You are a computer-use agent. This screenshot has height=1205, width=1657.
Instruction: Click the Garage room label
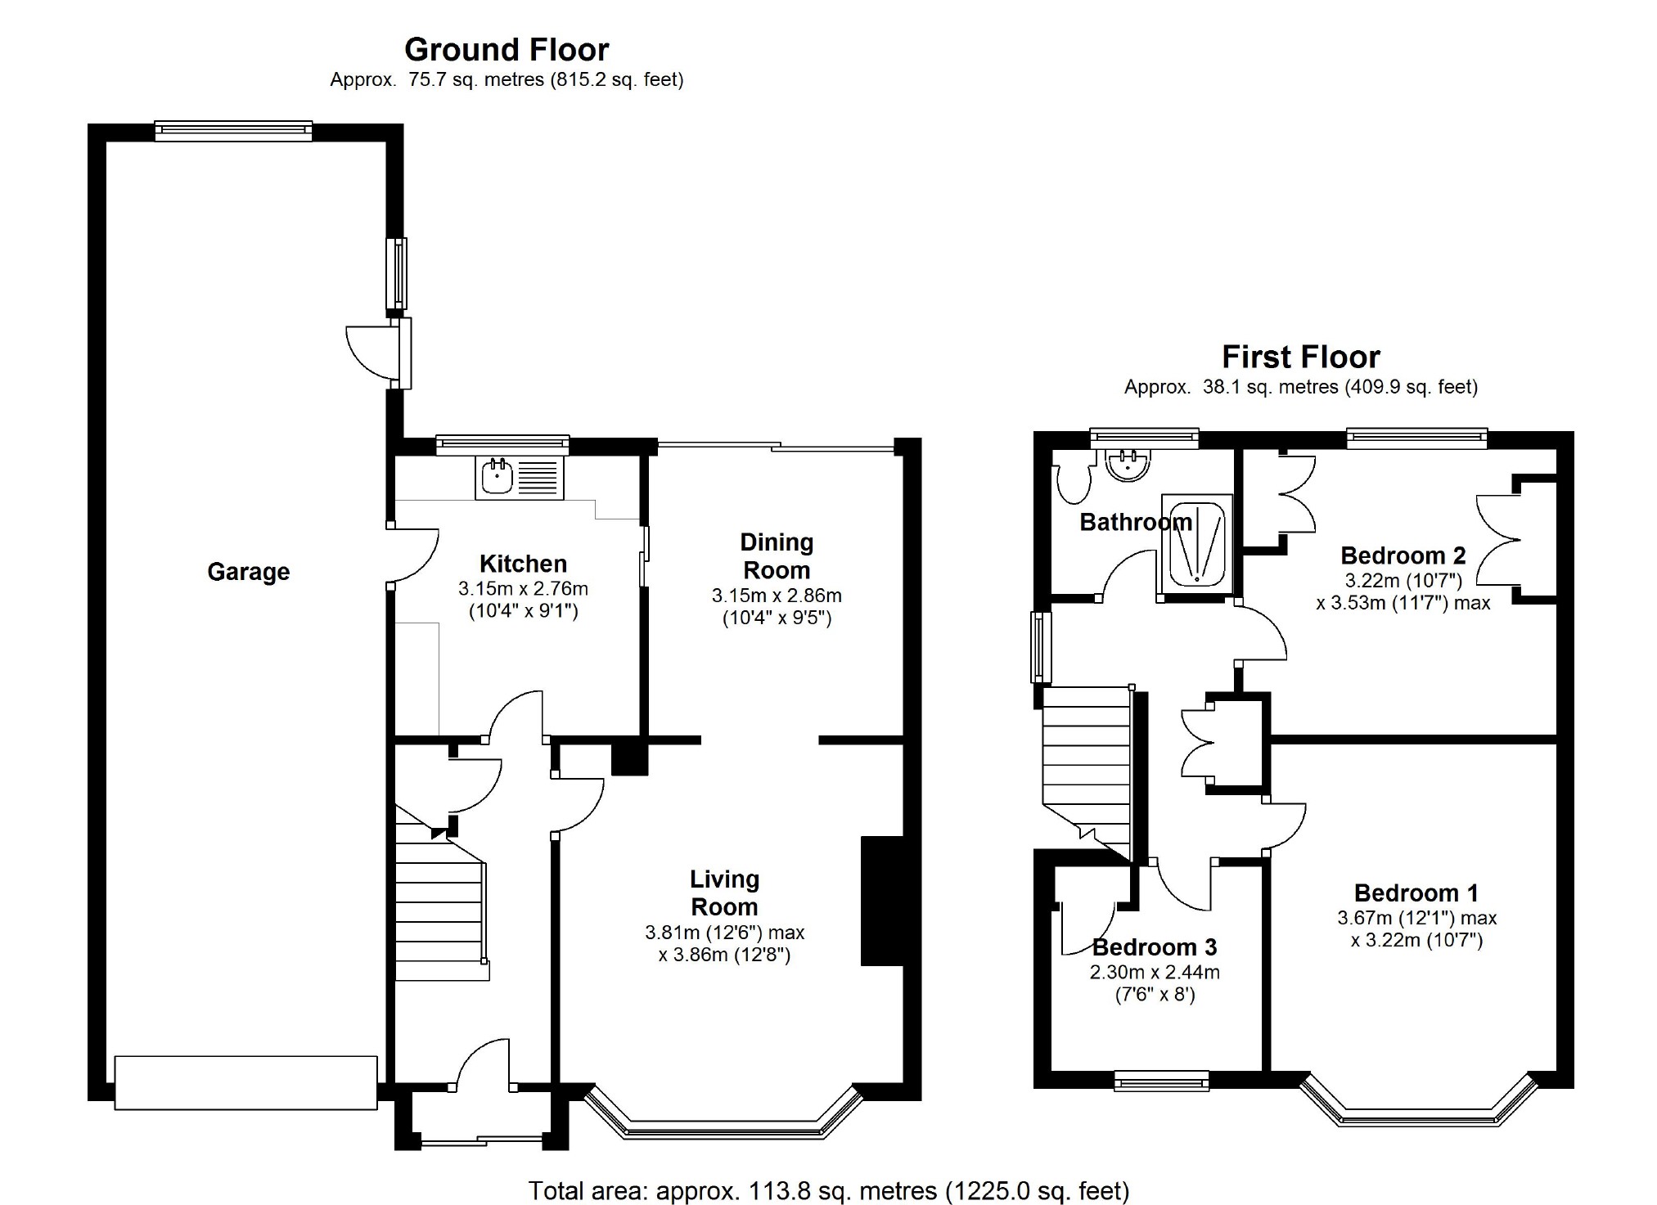click(248, 572)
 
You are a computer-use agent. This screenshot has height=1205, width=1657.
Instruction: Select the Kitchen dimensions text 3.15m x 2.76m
click(523, 589)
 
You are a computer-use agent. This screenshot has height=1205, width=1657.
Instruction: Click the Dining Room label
click(777, 556)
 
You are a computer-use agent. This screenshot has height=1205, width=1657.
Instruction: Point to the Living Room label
click(725, 893)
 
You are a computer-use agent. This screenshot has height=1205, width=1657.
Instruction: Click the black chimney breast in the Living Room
click(882, 901)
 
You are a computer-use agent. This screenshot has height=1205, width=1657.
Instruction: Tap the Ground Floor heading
click(507, 50)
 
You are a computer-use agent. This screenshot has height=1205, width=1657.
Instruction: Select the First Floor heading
click(1301, 357)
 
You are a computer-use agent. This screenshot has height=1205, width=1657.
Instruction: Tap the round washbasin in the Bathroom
click(1128, 465)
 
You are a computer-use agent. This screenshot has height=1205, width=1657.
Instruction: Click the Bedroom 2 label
click(1403, 556)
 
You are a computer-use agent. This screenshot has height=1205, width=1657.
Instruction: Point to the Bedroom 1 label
click(1416, 893)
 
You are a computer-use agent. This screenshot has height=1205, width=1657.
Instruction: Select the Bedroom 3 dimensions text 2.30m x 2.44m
click(1155, 973)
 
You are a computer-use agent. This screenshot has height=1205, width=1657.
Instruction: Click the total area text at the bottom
click(829, 1190)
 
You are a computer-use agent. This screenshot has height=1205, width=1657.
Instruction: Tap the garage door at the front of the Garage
click(245, 1083)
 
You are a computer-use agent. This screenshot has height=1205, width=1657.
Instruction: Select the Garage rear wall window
click(233, 131)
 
